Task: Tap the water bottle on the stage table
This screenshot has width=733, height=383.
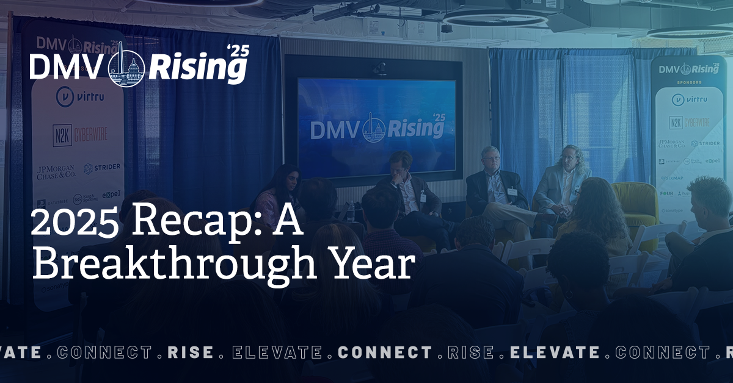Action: coord(351,212)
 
